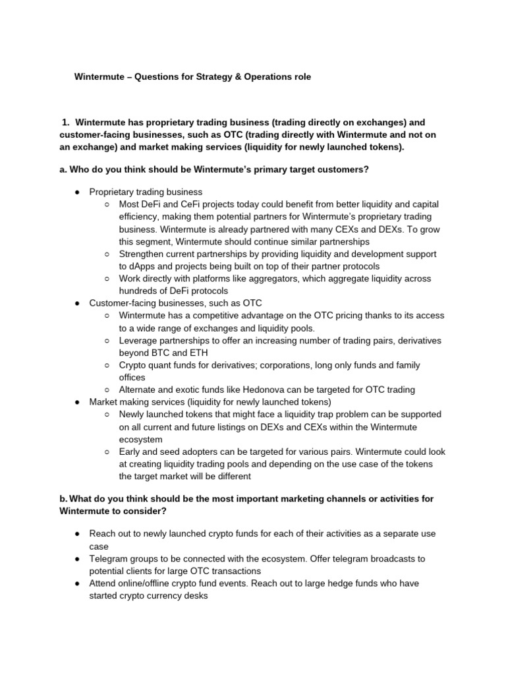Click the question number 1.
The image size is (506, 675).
(x=66, y=122)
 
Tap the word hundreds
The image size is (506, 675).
(x=139, y=291)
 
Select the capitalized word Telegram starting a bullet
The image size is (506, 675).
(x=109, y=558)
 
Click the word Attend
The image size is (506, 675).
(x=103, y=583)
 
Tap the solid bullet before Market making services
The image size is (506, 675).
(x=78, y=402)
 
